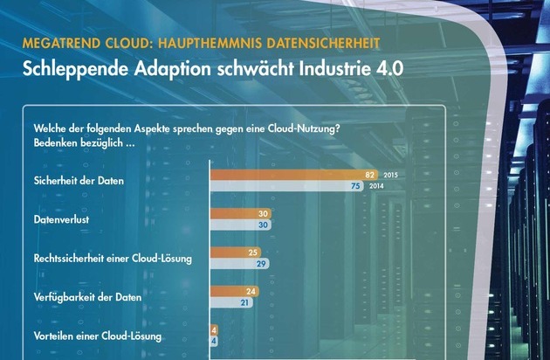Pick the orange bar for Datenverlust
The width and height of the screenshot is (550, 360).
click(240, 213)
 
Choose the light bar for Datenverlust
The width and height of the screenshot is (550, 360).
click(240, 225)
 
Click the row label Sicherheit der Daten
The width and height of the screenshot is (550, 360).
click(76, 180)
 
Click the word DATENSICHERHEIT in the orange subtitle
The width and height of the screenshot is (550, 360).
click(333, 42)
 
